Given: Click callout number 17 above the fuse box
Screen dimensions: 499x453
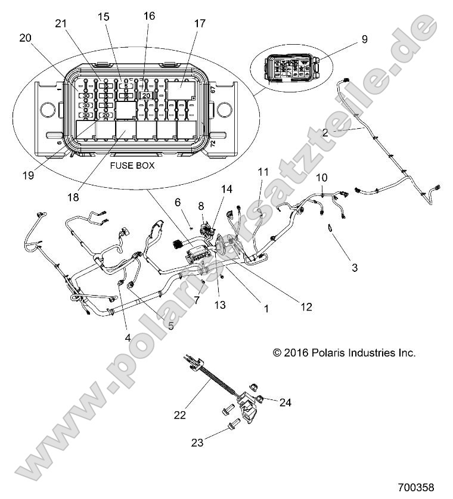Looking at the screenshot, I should click(199, 24).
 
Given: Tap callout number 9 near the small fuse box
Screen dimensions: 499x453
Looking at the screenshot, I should click(364, 39).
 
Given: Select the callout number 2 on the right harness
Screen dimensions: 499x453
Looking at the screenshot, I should click(342, 133).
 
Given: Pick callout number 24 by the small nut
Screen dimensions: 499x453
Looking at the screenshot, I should click(286, 402).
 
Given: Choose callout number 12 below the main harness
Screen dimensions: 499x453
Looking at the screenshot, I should click(306, 307).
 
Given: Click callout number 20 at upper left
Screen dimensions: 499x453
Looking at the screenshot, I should click(26, 38).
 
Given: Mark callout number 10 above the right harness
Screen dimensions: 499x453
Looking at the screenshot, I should click(321, 177).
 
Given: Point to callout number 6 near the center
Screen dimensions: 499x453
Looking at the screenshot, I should click(178, 202).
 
